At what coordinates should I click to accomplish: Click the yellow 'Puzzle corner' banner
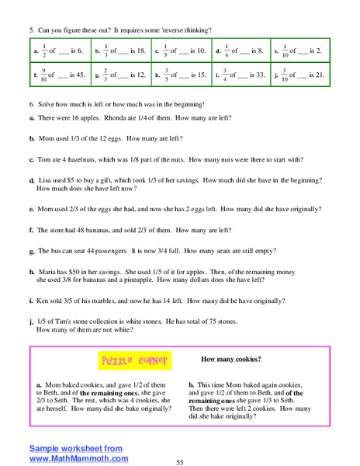tap(134, 361)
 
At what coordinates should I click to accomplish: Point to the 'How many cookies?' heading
tap(230, 359)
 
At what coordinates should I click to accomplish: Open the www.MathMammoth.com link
tap(78, 458)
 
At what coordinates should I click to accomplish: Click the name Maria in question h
tap(47, 272)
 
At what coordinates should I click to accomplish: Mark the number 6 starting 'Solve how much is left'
tap(30, 104)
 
